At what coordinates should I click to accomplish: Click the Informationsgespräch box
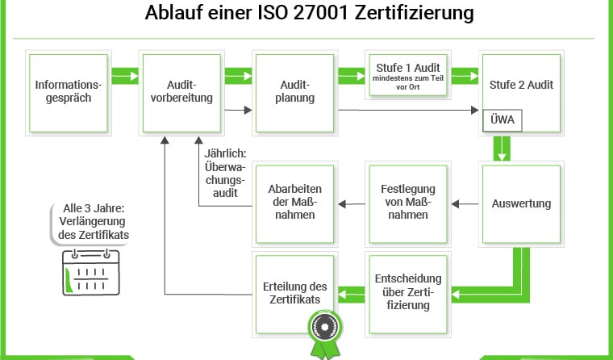click(69, 90)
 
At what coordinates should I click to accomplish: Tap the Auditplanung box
click(295, 90)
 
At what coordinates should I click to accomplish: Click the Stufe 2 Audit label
click(521, 84)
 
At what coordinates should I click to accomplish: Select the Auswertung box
click(521, 203)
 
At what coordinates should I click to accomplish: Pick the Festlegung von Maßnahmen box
click(408, 203)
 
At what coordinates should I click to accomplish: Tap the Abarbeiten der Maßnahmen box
click(295, 203)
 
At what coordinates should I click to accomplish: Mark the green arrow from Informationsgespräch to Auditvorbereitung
click(125, 76)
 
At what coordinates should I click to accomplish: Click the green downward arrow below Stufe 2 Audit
click(503, 149)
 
